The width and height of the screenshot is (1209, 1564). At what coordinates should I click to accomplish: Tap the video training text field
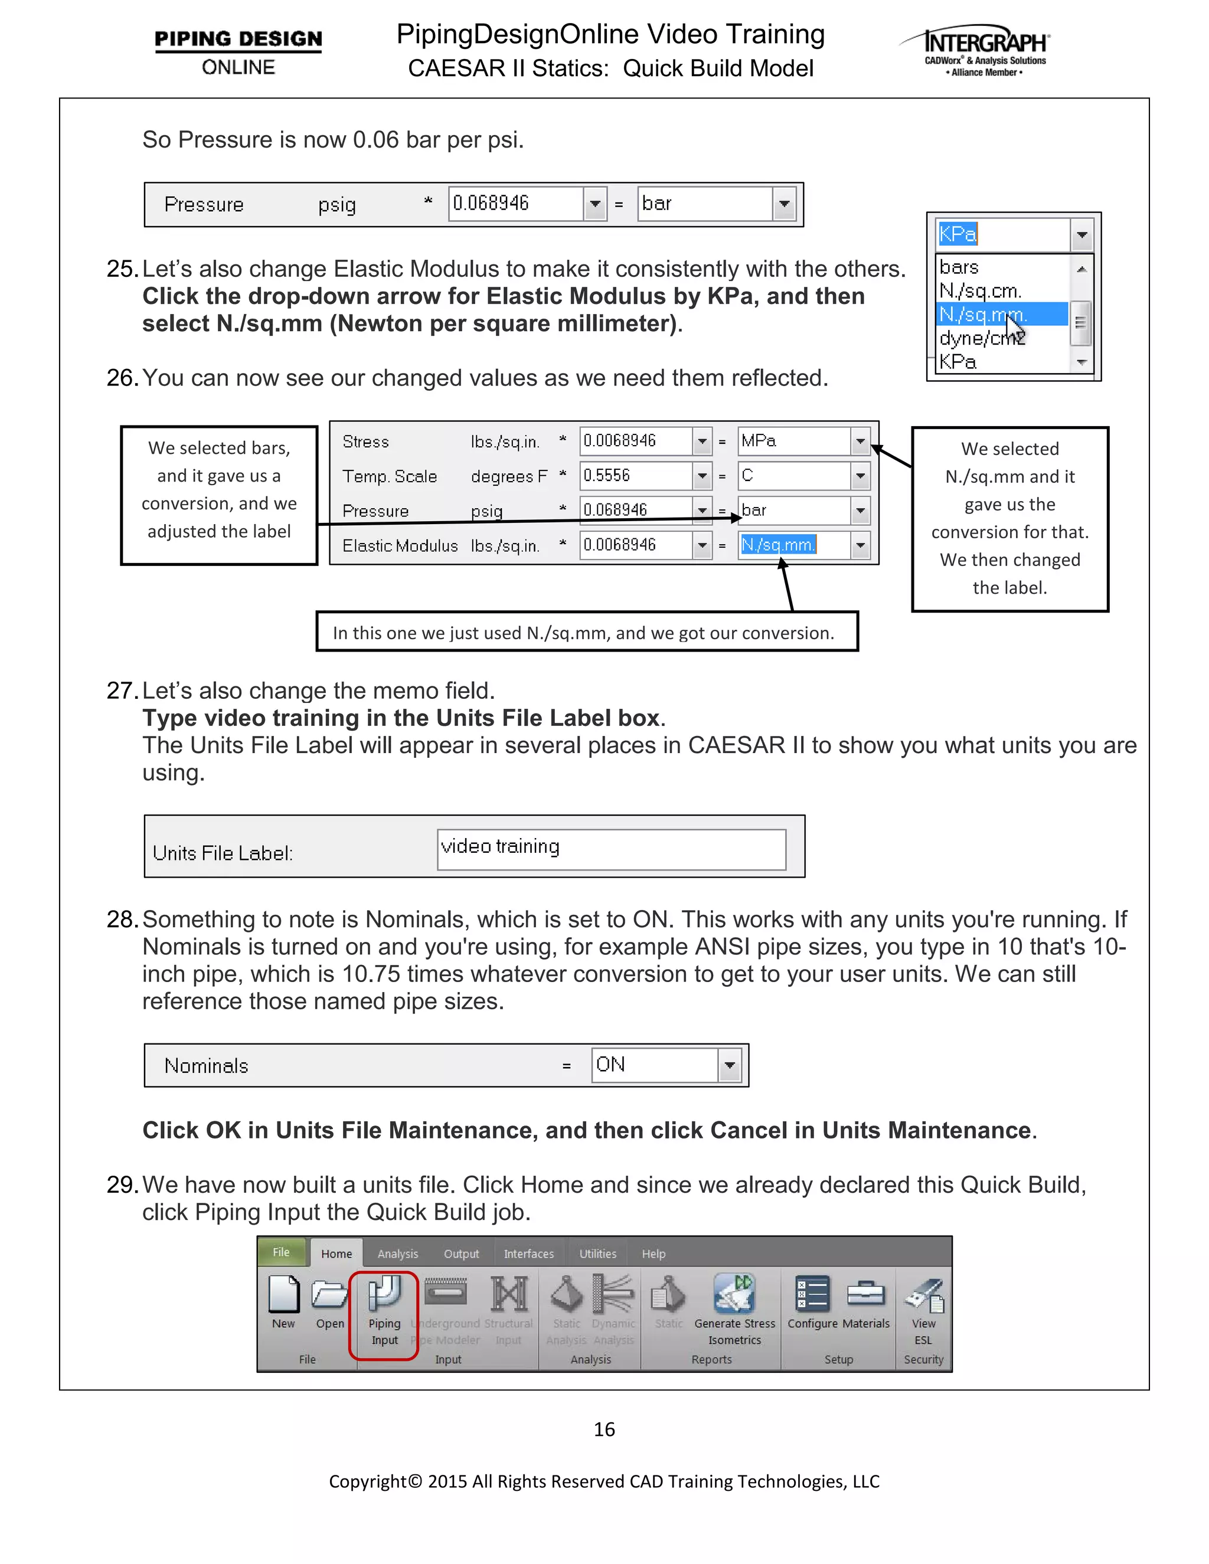coord(610,849)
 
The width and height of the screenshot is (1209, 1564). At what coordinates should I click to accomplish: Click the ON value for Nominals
coord(653,1065)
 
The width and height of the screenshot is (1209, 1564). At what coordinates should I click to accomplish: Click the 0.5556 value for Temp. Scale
coord(635,476)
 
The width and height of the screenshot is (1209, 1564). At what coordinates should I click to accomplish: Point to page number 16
coord(604,1429)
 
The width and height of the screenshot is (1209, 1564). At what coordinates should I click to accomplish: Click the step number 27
coord(120,691)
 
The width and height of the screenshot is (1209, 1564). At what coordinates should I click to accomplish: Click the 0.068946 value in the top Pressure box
coord(514,204)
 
